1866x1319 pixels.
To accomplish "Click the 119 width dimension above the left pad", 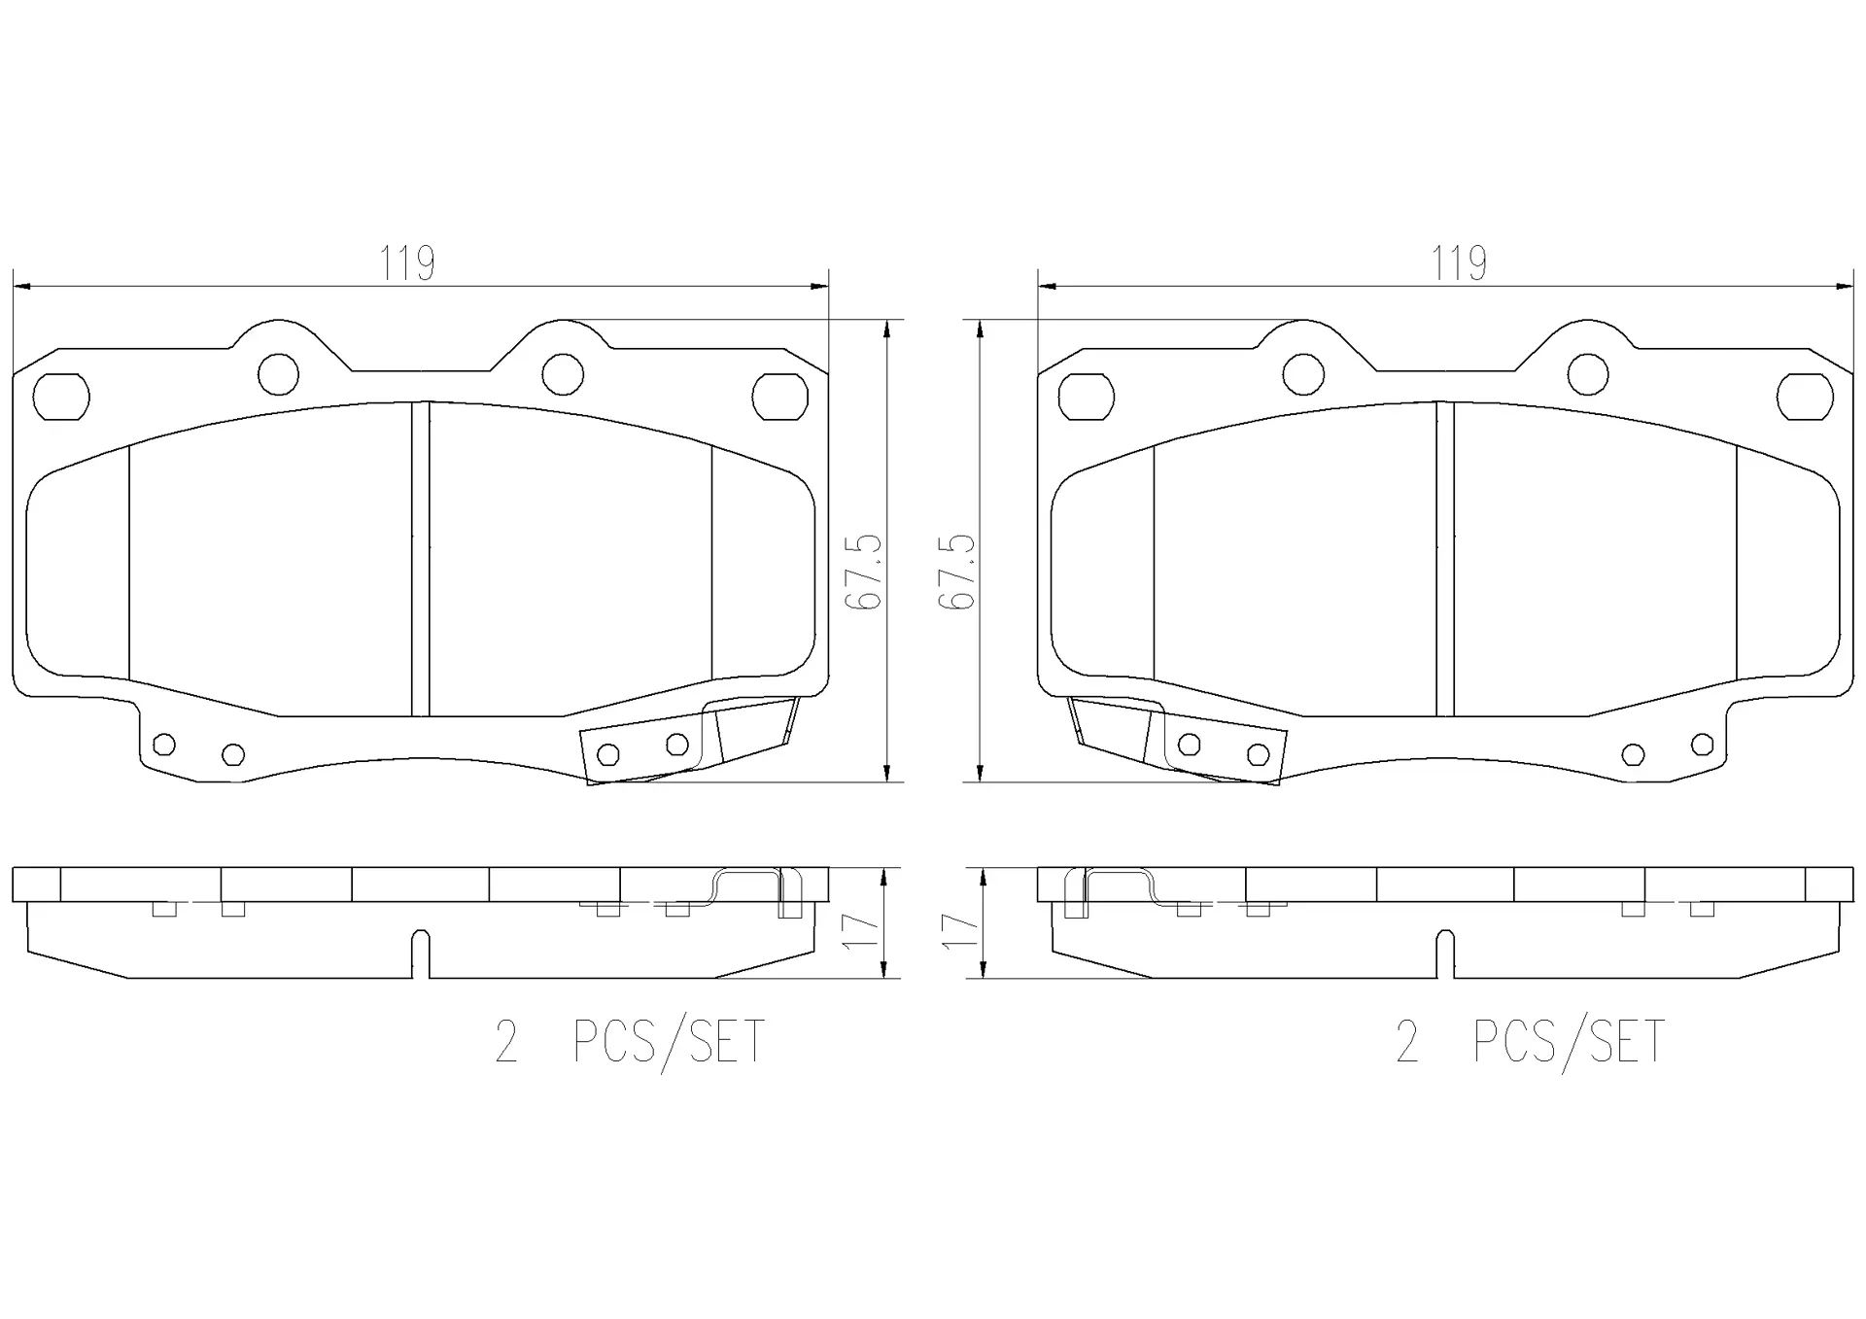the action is point(407,262).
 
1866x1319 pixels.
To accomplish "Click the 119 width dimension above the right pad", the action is point(1458,262).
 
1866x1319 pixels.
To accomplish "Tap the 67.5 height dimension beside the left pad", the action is point(863,572).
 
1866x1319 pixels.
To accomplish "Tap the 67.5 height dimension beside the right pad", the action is point(956,572).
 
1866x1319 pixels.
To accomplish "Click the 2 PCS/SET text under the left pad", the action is point(630,1043).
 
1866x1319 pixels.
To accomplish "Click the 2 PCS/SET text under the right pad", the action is point(1530,1043).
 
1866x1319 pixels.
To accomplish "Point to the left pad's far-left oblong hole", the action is point(61,397).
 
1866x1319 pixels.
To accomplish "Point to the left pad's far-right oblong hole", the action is point(780,397).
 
